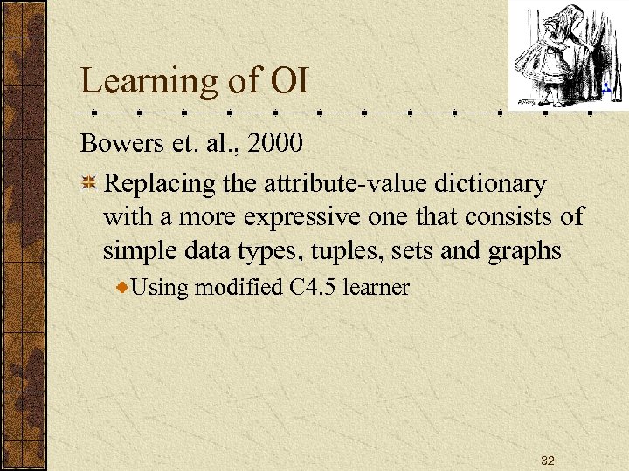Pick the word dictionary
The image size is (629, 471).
pos(494,184)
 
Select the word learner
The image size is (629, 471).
pos(377,288)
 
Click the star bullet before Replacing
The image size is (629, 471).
pos(89,185)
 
